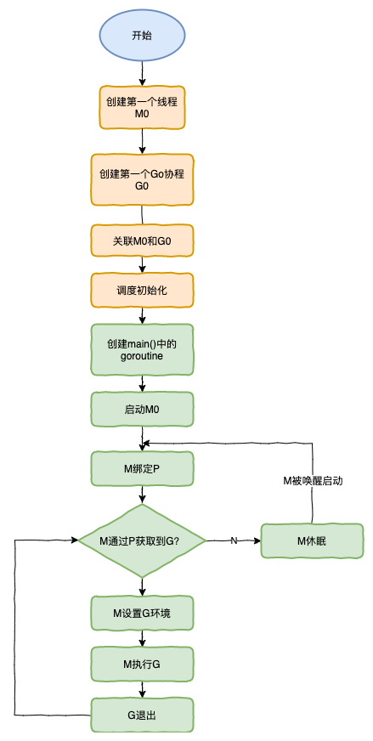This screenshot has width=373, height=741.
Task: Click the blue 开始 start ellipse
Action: click(x=142, y=36)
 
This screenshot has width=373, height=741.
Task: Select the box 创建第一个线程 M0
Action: click(x=142, y=106)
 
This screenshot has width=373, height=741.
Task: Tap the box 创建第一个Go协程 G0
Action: click(x=142, y=178)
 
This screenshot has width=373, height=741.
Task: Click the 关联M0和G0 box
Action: click(x=142, y=241)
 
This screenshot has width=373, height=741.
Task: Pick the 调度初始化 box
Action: click(x=142, y=290)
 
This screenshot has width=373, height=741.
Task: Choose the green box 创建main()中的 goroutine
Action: click(x=142, y=349)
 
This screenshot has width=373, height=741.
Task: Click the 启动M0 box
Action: click(x=142, y=410)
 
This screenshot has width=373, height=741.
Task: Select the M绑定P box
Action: click(x=142, y=468)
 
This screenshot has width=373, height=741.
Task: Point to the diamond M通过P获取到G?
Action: click(x=141, y=540)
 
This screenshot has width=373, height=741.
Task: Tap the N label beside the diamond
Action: click(x=234, y=540)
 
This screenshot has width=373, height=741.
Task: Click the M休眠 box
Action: click(x=312, y=540)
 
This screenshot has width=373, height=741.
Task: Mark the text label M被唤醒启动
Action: click(x=314, y=481)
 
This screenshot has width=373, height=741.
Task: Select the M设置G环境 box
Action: click(x=142, y=613)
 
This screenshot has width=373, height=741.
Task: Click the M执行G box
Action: click(x=142, y=663)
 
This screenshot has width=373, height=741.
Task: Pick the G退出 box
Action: click(x=142, y=715)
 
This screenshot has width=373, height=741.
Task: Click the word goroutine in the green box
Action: click(x=142, y=357)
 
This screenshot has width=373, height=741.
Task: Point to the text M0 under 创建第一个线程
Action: click(x=142, y=114)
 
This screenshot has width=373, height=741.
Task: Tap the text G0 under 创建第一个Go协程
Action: click(x=142, y=186)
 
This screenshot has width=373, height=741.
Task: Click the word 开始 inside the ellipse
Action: click(x=142, y=36)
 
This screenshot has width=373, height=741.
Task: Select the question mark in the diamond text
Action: click(x=177, y=541)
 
